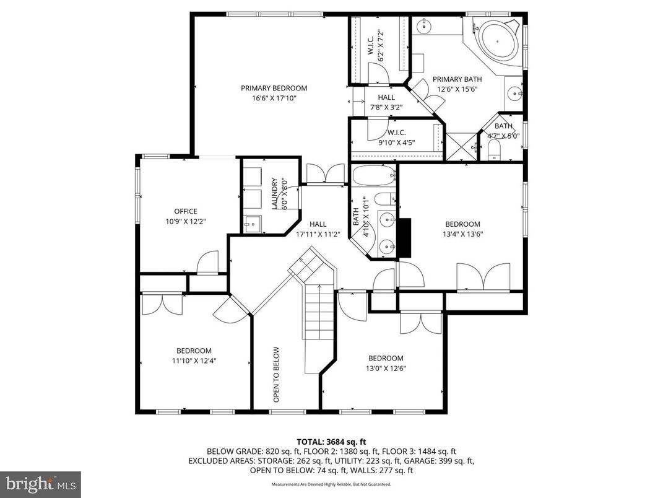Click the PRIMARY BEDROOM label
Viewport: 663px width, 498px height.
point(274,88)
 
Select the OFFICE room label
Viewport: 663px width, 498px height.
point(185,211)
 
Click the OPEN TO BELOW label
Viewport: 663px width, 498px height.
point(277,375)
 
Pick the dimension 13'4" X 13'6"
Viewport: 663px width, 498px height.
point(462,234)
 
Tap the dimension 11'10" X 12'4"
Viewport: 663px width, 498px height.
point(194,360)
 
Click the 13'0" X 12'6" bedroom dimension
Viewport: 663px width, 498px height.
point(386,368)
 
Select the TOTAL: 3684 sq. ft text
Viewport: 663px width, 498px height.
point(331,442)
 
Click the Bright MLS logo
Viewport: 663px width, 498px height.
point(40,482)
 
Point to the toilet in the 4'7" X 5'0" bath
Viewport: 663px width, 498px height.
point(494,150)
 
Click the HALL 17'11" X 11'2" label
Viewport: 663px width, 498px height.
point(318,229)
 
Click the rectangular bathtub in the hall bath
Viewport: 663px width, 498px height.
point(373,175)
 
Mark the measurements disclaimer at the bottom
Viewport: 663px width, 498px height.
point(331,484)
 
